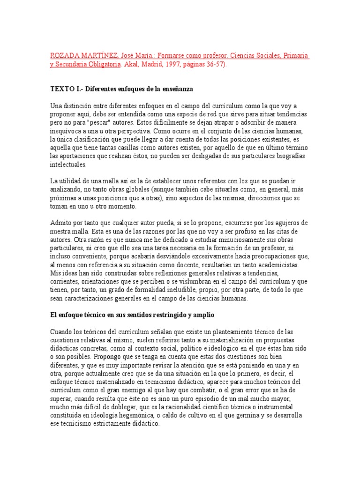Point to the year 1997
tap(172, 65)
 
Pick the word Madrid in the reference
tap(150, 65)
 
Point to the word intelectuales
tap(68, 165)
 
